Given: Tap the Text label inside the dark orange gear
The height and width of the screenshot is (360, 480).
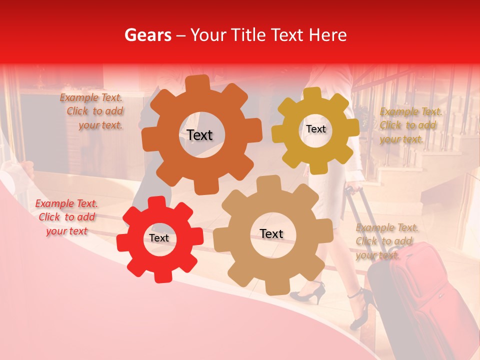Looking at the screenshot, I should (x=199, y=135).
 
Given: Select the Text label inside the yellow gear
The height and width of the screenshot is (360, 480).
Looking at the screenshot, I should (x=315, y=129).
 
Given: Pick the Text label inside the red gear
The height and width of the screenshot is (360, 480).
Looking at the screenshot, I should (x=159, y=238).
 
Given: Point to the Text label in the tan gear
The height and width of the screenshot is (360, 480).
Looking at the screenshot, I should (x=271, y=233).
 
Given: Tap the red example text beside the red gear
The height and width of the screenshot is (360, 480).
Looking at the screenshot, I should (x=66, y=217).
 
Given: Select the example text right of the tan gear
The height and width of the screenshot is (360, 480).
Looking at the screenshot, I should (x=385, y=241).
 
